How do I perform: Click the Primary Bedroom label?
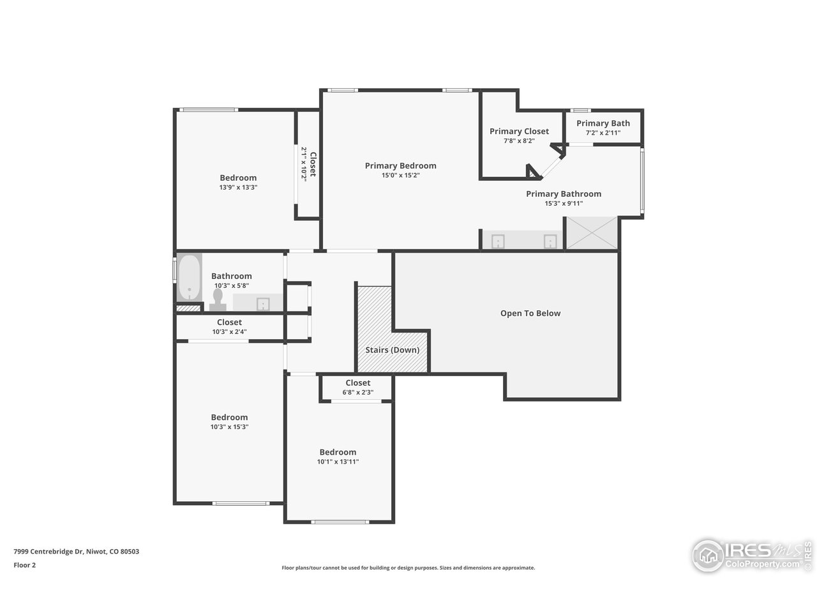coord(400,166)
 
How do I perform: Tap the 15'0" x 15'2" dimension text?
coord(400,176)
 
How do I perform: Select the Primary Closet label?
coord(519,132)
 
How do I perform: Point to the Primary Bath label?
coord(603,123)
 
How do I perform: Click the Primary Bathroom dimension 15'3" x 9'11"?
coord(563,204)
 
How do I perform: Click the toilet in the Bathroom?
coord(218,299)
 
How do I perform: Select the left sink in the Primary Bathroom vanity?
coord(498,241)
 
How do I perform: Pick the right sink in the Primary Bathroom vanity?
coord(550,241)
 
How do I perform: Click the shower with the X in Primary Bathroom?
coord(592,233)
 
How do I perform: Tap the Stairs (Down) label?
coord(392,350)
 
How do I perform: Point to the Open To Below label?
coord(530,314)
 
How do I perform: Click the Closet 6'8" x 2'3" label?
coord(357,383)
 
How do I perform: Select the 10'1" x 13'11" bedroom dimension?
coord(338,462)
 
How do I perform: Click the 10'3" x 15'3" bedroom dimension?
coord(229,427)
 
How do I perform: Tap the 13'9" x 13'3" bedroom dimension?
coord(237,188)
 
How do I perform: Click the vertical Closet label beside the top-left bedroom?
coord(313,164)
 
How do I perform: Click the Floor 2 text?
coord(24,565)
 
